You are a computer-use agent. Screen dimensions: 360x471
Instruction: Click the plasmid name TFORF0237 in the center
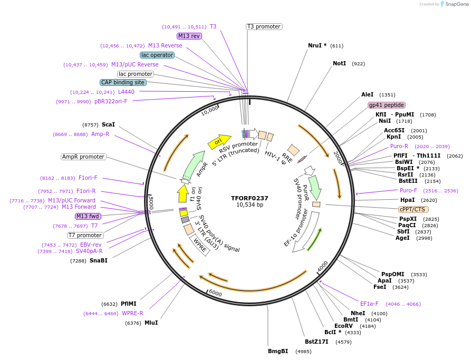click(249, 198)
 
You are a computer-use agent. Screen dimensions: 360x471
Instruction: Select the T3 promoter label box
click(264, 26)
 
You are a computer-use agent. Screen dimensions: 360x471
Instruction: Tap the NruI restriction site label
click(317, 45)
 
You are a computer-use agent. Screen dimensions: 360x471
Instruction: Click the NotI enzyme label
click(339, 63)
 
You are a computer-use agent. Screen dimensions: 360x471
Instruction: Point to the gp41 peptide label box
click(387, 105)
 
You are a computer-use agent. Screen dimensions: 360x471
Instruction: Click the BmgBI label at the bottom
click(278, 351)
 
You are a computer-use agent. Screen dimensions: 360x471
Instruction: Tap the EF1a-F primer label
click(369, 304)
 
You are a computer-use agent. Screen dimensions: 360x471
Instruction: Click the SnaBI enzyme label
click(99, 260)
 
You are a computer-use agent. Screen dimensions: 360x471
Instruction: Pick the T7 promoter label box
click(85, 235)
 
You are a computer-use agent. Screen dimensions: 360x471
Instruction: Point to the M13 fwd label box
click(88, 216)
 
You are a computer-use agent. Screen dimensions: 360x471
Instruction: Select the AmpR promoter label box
click(83, 157)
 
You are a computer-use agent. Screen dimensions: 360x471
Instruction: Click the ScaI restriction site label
click(108, 124)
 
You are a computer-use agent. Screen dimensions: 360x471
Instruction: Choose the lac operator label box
click(157, 55)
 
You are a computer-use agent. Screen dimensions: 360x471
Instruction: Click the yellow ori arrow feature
click(222, 141)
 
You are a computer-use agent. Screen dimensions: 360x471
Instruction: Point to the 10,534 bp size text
click(249, 205)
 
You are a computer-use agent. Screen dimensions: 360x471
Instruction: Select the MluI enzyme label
click(151, 323)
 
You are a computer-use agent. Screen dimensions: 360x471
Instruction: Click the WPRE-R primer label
click(132, 313)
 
